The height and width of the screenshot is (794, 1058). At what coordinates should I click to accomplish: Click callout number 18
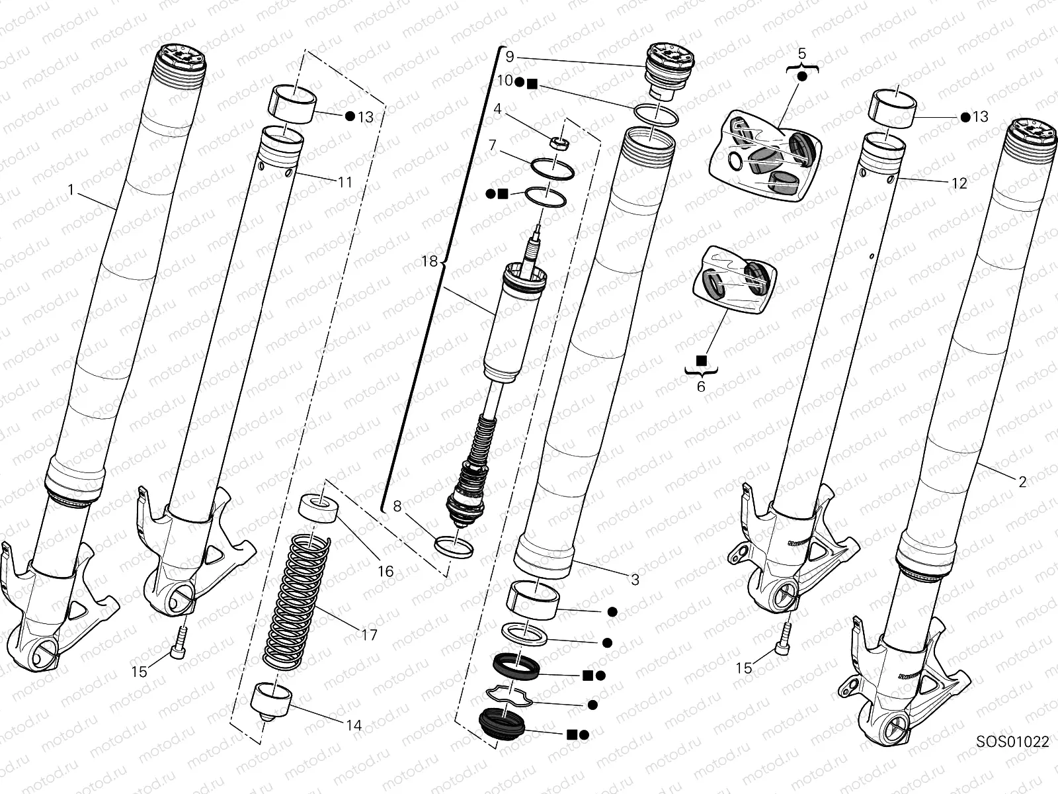[x=429, y=262]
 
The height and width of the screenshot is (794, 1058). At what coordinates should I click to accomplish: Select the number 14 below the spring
[x=354, y=725]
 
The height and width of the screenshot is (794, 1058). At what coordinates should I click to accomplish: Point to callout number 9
[x=509, y=57]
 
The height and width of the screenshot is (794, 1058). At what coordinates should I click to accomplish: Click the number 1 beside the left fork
[x=71, y=190]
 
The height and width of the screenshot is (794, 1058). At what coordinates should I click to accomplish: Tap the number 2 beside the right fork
[x=1022, y=482]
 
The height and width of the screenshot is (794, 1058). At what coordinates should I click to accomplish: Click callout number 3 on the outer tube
[x=635, y=580]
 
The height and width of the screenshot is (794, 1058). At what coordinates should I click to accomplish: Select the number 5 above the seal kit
[x=801, y=52]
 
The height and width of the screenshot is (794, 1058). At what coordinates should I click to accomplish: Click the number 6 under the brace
[x=701, y=386]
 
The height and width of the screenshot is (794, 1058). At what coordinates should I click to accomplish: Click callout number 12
[x=959, y=183]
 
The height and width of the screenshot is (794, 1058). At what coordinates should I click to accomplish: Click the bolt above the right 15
[x=785, y=637]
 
